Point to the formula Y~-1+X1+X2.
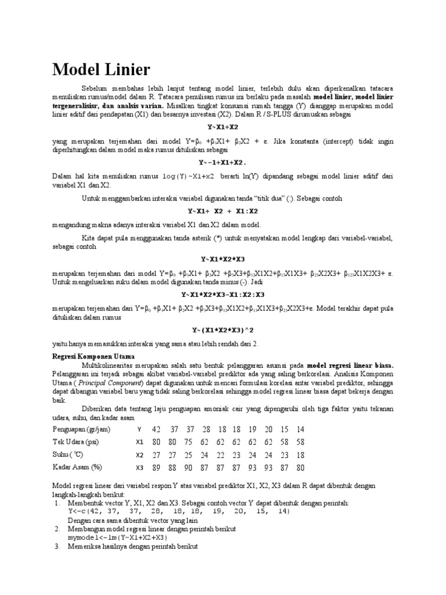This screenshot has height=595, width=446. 223,163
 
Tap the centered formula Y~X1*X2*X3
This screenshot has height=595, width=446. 223,259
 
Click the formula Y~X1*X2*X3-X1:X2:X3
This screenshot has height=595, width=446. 223,294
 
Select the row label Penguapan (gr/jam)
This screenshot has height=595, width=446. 81,429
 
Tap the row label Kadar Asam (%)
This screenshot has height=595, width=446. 77,467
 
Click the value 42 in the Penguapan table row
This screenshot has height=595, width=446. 156,429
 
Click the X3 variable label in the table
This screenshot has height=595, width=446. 139,467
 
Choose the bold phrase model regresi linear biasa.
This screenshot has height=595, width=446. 350,365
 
